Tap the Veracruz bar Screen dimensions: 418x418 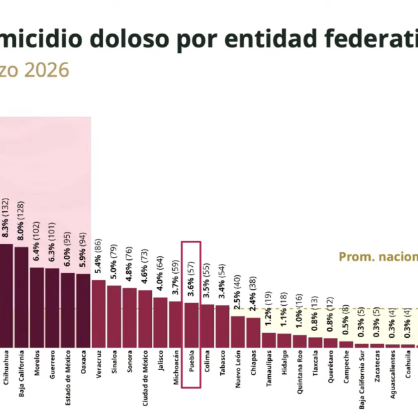(99, 313)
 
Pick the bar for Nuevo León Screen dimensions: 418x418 (238, 332)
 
